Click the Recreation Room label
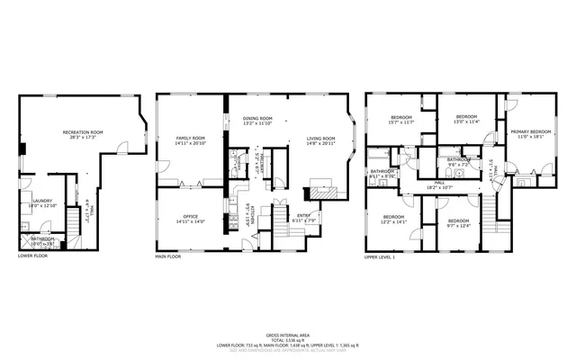pyautogui.click(x=83, y=132)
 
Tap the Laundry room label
pyautogui.click(x=41, y=201)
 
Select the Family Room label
pyautogui.click(x=191, y=138)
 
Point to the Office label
pyautogui.click(x=190, y=216)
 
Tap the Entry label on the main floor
pyautogui.click(x=303, y=214)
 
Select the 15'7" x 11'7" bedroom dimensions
pyautogui.click(x=401, y=122)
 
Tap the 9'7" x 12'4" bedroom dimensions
pyautogui.click(x=459, y=225)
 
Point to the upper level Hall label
pyautogui.click(x=440, y=181)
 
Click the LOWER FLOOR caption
pyautogui.click(x=32, y=256)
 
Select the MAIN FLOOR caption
pyautogui.click(x=168, y=256)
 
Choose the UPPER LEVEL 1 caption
pyautogui.click(x=380, y=256)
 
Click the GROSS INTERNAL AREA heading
pyautogui.click(x=288, y=333)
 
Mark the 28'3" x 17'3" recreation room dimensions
pyautogui.click(x=83, y=138)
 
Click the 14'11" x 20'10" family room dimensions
pyautogui.click(x=191, y=143)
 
